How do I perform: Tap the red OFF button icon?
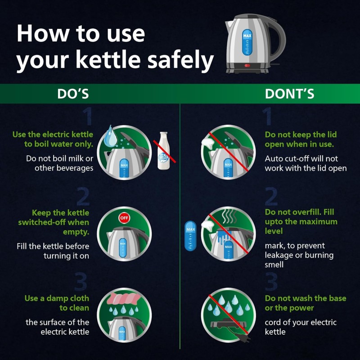pyautogui.click(x=124, y=218)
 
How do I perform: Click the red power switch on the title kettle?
pyautogui.click(x=247, y=65)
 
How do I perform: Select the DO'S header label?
pyautogui.click(x=73, y=94)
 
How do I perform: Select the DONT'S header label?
pyautogui.click(x=289, y=94)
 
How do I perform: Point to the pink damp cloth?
pyautogui.click(x=123, y=299)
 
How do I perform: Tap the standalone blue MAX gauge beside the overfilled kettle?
pyautogui.click(x=190, y=236)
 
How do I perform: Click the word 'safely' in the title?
pyautogui.click(x=180, y=59)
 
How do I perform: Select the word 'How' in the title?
pyautogui.click(x=42, y=33)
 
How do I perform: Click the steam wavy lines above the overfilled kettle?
pyautogui.click(x=229, y=216)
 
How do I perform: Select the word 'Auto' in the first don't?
pyautogui.click(x=274, y=159)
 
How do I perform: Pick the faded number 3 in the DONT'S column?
pyautogui.click(x=271, y=282)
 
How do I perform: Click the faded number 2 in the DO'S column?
pyautogui.click(x=83, y=196)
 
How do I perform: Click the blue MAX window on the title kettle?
pyautogui.click(x=247, y=42)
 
